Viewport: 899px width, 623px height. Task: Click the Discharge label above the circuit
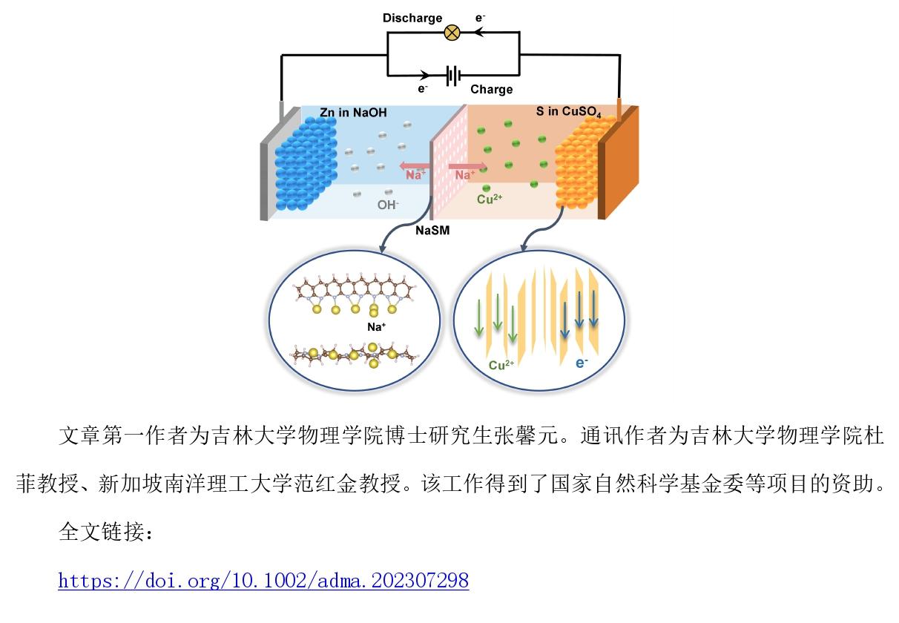tap(412, 18)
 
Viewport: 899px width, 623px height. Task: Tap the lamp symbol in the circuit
tap(452, 33)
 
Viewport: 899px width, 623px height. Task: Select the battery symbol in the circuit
tap(453, 75)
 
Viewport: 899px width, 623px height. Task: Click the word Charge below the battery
tap(491, 89)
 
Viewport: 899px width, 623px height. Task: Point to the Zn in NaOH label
tap(354, 113)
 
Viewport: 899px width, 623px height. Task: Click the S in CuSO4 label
tap(568, 113)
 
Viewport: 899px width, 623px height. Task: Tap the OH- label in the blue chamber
tap(387, 205)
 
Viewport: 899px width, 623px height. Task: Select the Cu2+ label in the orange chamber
tap(490, 199)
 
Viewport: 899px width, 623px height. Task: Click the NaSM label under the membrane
tap(432, 231)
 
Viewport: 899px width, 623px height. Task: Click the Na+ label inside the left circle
tap(376, 326)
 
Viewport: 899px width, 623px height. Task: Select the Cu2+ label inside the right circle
tap(501, 365)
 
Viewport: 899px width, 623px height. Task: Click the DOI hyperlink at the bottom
tap(263, 579)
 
